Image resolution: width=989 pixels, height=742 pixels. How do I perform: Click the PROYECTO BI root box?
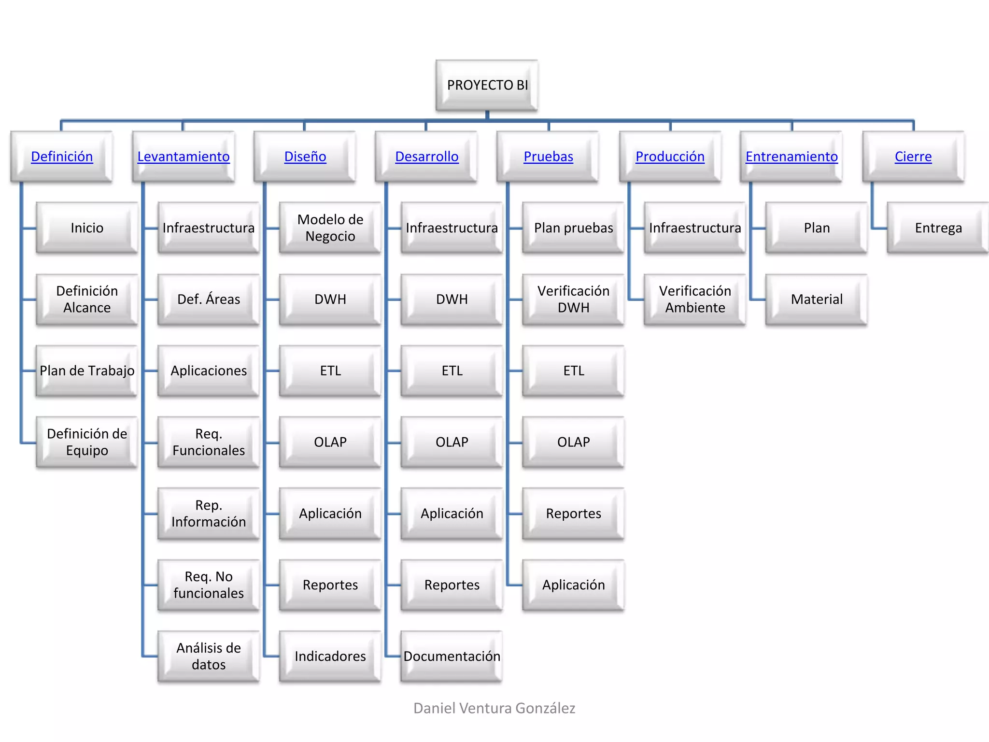[487, 86]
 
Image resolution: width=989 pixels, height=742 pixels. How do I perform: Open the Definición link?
[62, 157]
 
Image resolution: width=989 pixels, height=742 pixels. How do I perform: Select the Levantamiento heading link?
[184, 157]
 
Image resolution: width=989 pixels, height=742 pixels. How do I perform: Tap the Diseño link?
[305, 157]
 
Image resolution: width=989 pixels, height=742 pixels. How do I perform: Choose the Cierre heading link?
[913, 157]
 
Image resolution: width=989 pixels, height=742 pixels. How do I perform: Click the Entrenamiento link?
[791, 157]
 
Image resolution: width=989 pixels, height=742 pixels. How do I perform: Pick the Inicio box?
[87, 228]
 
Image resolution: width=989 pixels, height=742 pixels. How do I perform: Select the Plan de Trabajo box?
[87, 371]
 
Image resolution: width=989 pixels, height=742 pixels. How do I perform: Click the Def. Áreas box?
[209, 299]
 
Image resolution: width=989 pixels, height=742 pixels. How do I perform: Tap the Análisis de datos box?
[209, 656]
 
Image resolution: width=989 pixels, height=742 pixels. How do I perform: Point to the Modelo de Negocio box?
[330, 228]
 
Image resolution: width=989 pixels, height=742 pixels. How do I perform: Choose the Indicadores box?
[330, 656]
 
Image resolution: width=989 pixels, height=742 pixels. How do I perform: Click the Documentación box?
[452, 656]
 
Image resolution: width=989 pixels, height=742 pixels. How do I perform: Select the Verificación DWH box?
[574, 299]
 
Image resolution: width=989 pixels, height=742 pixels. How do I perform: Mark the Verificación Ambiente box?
[695, 299]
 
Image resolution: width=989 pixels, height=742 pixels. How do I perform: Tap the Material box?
[817, 299]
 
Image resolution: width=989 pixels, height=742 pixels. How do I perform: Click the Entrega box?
[938, 228]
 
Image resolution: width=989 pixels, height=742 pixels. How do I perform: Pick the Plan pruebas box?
[574, 228]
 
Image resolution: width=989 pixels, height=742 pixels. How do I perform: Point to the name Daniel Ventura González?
[494, 708]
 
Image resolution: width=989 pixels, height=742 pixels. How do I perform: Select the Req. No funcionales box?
[209, 585]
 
